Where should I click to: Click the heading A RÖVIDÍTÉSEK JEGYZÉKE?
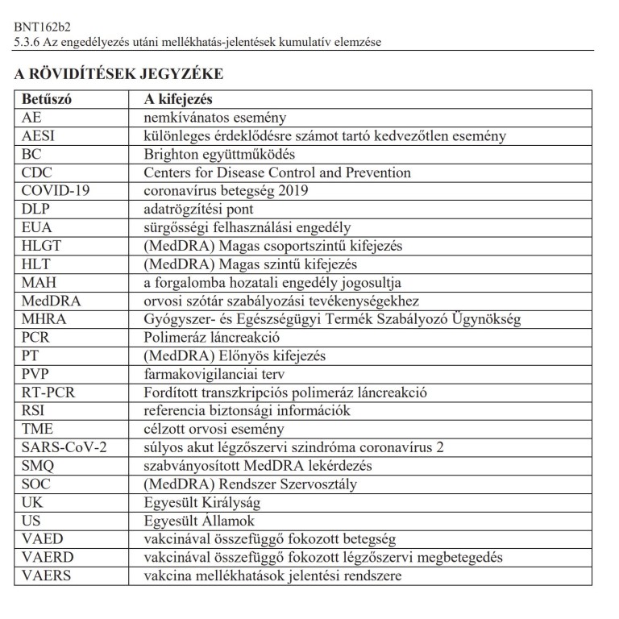tap(118, 74)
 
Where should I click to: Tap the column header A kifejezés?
tap(177, 99)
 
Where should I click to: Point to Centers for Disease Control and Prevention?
tap(277, 173)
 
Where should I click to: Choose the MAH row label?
tap(38, 283)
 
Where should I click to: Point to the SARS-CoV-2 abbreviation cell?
tap(64, 447)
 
